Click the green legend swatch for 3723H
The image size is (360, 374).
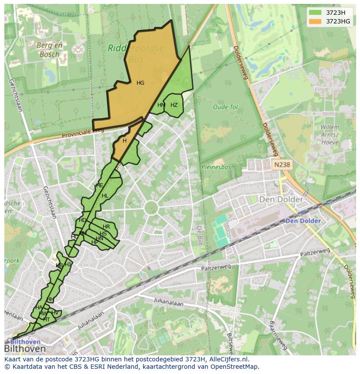(x=316, y=13)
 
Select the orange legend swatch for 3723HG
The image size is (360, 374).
(x=316, y=21)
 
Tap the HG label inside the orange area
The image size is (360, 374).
(x=140, y=83)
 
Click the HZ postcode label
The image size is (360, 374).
(x=174, y=105)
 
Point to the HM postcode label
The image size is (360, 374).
(x=161, y=105)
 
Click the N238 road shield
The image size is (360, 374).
(x=281, y=165)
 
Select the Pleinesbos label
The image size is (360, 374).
(x=215, y=166)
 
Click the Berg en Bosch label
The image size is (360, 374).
(x=50, y=50)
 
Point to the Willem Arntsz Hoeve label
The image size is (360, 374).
(x=330, y=135)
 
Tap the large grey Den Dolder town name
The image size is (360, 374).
(x=281, y=199)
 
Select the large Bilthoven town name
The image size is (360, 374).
(x=25, y=349)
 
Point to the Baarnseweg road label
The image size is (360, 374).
(x=279, y=335)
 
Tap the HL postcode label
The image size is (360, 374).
(x=105, y=196)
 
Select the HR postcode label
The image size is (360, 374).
(x=106, y=227)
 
